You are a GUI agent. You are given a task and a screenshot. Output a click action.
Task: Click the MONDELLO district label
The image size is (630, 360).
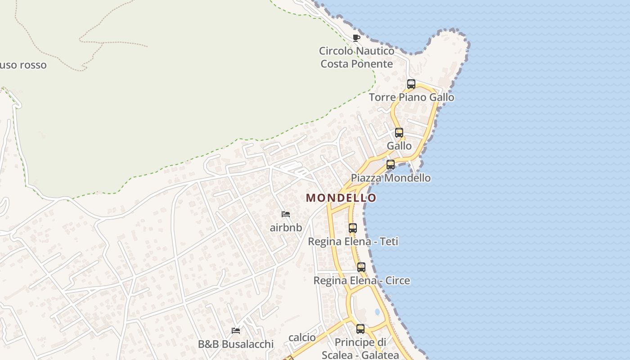point(341,198)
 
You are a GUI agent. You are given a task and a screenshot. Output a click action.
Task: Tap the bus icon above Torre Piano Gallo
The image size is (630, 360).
point(411,84)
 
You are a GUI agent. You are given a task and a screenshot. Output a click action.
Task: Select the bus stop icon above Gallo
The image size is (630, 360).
point(399,133)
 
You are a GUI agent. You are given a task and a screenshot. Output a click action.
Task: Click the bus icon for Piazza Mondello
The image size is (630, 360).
point(390,165)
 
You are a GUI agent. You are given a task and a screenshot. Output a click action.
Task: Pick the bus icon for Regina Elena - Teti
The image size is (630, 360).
point(352,228)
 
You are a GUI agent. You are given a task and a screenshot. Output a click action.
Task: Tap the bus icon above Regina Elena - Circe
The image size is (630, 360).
point(361,267)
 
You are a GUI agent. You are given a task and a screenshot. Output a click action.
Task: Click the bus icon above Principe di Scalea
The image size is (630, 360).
point(360,329)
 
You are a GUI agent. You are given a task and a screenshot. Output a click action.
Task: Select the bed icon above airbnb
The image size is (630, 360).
point(285,214)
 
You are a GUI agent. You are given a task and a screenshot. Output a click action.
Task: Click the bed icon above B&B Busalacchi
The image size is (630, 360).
point(235,331)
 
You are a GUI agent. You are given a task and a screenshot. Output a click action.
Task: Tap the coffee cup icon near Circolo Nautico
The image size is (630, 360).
point(356,38)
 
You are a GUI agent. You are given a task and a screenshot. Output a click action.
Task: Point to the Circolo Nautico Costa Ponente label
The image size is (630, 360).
point(356,57)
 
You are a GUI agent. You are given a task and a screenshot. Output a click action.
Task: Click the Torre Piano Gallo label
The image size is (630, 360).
point(411,97)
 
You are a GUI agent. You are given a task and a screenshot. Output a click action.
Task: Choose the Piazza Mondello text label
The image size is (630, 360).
point(391,178)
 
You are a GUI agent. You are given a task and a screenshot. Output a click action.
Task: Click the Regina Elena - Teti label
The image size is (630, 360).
point(353,241)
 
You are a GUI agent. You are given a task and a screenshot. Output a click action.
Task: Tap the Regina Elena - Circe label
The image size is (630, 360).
point(361,280)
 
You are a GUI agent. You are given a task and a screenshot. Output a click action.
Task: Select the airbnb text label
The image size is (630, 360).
point(286,227)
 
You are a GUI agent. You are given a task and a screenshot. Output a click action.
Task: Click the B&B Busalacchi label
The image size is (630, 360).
point(235,344)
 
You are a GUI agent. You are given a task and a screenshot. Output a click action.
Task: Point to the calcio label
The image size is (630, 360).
point(302,337)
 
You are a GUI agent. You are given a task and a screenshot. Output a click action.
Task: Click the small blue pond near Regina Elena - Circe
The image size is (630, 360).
point(377,311)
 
